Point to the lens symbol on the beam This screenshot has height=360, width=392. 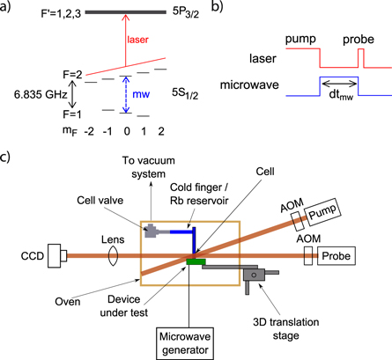click(114, 256)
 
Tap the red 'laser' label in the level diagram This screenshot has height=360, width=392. click(137, 40)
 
